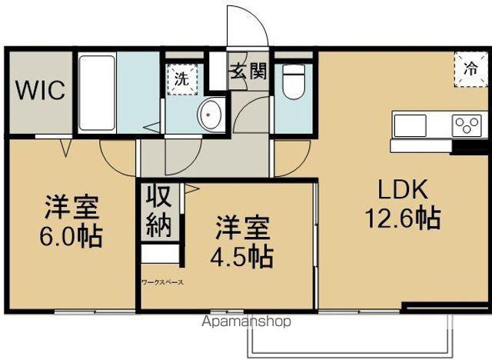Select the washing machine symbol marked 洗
181,78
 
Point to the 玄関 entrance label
248,72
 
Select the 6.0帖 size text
70,235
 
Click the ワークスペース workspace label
162,282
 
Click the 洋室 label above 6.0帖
70,206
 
